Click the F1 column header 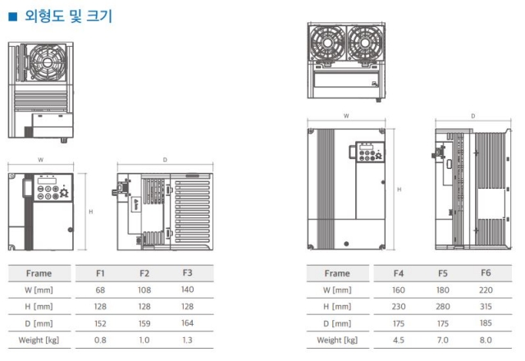[x=100, y=273]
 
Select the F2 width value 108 [x=144, y=290]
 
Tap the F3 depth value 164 [x=188, y=322]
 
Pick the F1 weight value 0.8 [x=100, y=340]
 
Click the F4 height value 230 [x=399, y=306]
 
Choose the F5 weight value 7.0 [x=443, y=340]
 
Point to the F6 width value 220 [x=486, y=290]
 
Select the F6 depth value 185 [x=486, y=322]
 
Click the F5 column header [x=443, y=273]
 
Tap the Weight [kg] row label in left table [x=39, y=340]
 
